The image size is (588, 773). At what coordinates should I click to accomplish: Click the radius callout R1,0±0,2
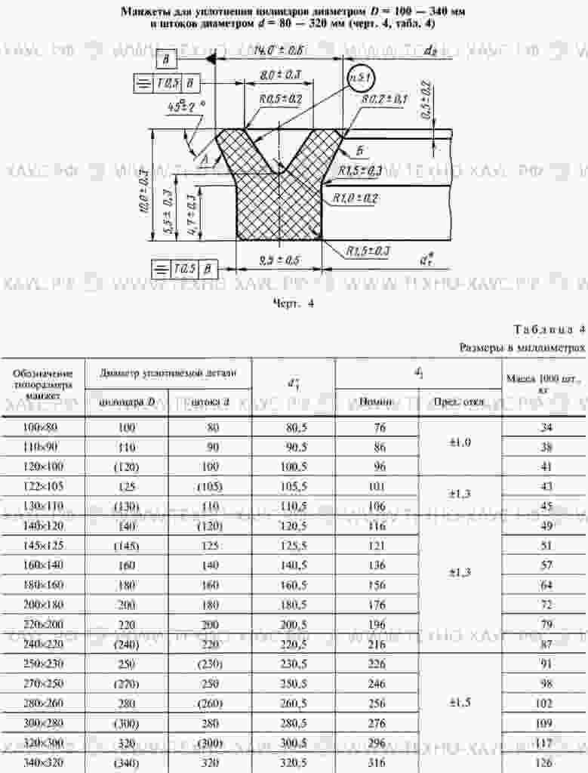click(x=356, y=198)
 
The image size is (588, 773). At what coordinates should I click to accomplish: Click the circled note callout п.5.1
click(x=359, y=79)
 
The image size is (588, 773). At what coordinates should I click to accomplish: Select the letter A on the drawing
click(x=205, y=157)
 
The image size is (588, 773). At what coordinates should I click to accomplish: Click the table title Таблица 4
click(x=549, y=330)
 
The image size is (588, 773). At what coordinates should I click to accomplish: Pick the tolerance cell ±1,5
click(x=460, y=702)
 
